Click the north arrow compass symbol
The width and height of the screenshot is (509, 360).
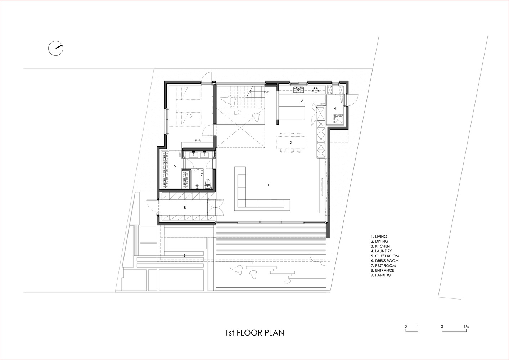56,48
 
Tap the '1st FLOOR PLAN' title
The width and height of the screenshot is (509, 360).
254,333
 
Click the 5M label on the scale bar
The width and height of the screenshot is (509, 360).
466,327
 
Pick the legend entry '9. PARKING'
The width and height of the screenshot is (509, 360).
381,275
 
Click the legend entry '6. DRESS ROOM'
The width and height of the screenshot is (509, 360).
385,261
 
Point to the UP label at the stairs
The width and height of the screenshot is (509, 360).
267,92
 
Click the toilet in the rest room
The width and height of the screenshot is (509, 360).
207,183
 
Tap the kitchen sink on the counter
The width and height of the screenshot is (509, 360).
298,90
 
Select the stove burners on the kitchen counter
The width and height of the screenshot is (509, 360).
315,90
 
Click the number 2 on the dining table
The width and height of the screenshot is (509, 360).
291,143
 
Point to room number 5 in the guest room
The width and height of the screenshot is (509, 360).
190,116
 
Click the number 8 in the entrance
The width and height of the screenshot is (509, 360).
185,207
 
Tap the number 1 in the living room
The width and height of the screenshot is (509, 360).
268,185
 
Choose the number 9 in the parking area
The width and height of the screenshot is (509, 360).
185,256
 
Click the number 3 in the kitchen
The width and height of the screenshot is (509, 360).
302,100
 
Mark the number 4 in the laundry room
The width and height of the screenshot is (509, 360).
335,109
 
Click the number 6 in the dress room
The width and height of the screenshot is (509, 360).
175,166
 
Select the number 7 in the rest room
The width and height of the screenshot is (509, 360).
202,175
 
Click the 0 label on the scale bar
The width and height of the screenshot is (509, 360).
406,327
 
